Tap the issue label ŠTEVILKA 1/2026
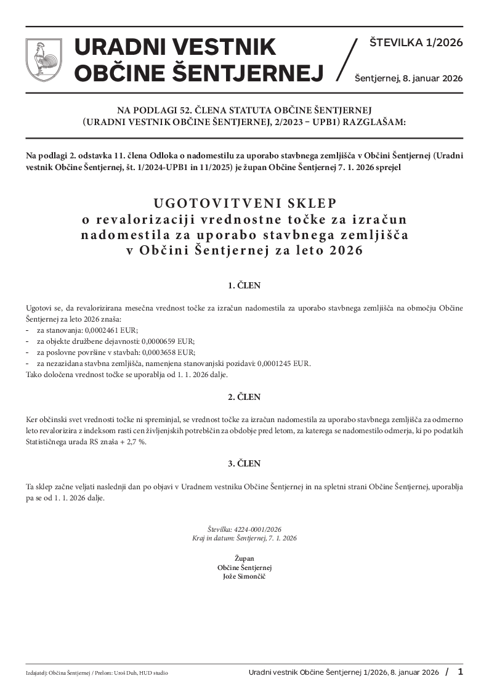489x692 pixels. coord(416,43)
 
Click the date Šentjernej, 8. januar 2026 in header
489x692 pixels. coord(408,78)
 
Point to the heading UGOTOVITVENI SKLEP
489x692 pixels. coord(244,203)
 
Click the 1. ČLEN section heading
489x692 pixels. coord(244,286)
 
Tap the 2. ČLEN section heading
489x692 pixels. coord(244,397)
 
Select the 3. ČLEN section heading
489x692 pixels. coord(244,463)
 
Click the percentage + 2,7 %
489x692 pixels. coord(134,442)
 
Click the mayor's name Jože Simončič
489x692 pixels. coord(244,576)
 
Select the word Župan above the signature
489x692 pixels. coord(244,558)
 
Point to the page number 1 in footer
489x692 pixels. coord(460,671)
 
